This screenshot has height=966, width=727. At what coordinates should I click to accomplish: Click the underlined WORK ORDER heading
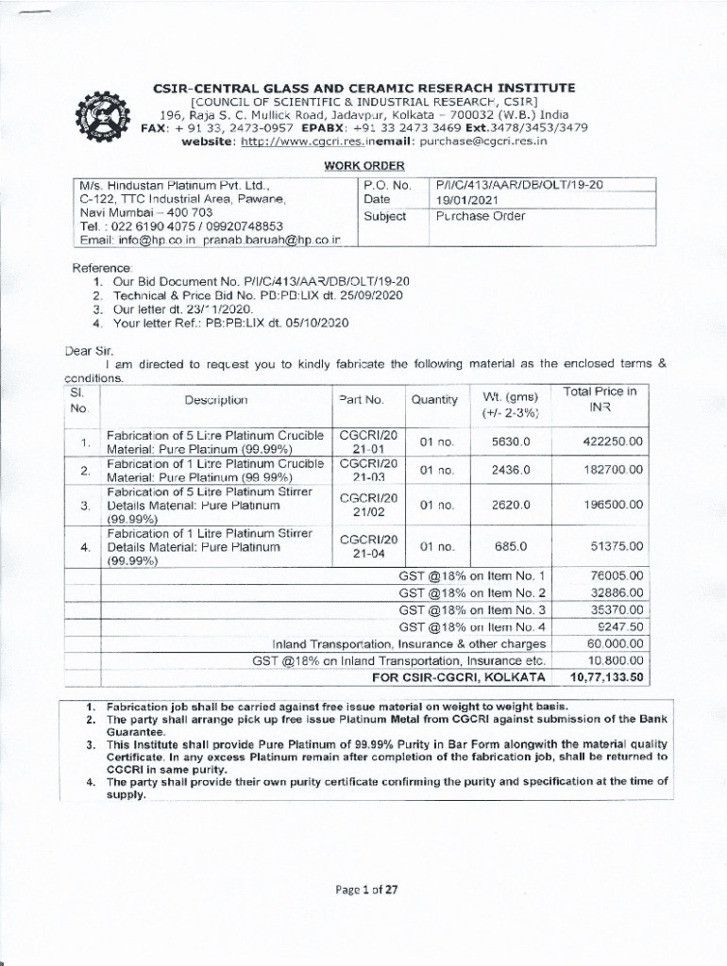click(363, 166)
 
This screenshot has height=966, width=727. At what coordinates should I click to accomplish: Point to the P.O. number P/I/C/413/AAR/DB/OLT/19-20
click(518, 185)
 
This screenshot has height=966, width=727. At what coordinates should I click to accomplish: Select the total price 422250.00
click(614, 441)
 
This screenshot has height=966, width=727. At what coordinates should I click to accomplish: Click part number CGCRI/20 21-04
click(368, 547)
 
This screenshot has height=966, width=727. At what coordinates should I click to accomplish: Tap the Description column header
click(216, 400)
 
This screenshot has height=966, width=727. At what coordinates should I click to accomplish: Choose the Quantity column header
click(434, 400)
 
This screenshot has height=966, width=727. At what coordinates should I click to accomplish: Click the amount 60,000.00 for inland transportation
click(615, 643)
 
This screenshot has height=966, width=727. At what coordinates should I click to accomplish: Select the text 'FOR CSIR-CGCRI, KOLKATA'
click(459, 676)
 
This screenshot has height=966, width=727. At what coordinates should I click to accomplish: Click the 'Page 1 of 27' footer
click(364, 889)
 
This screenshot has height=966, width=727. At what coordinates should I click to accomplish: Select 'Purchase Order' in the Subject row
click(480, 216)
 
